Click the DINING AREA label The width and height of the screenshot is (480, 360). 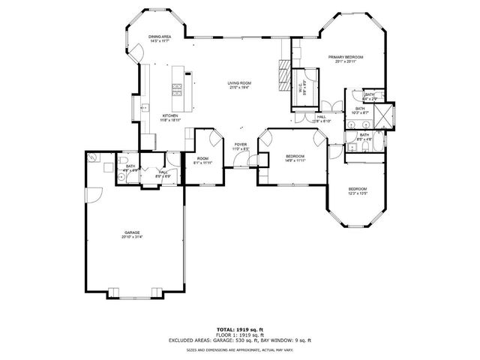pos(160,37)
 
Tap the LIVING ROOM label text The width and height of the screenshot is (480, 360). pos(239,83)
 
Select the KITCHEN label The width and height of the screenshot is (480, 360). pos(170,115)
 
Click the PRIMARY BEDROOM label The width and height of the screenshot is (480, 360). pos(345,57)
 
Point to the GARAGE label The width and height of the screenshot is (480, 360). pos(133,232)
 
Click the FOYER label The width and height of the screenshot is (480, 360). pos(240,145)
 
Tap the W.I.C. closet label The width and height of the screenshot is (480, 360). pos(301,87)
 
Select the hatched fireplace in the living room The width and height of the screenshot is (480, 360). pos(283,75)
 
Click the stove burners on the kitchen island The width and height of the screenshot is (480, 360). pos(178,89)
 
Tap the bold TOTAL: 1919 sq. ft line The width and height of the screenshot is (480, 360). pos(239,329)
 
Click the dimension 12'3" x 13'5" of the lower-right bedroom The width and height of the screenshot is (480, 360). pos(357,193)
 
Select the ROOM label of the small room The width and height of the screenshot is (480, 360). pos(203,158)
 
